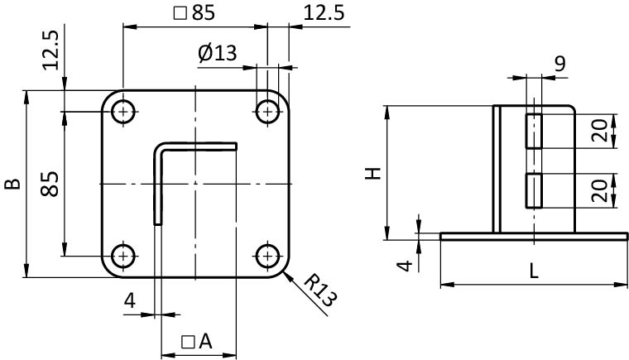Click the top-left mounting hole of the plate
123,111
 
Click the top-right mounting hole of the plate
267,111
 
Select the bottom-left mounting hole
123,255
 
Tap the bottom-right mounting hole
267,255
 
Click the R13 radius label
320,290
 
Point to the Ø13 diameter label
217,53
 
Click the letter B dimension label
12,184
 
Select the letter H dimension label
373,173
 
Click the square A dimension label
196,340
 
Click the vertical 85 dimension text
50,184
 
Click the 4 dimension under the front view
130,300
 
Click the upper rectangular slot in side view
534,130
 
